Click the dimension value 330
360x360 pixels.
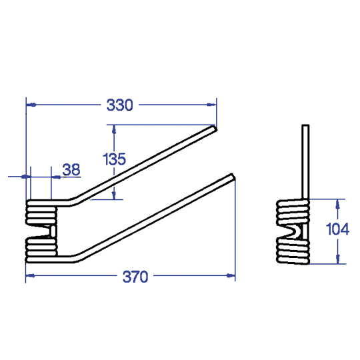[119, 105]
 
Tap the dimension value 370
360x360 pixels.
[135, 277]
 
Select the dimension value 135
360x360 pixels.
[115, 159]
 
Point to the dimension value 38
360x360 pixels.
[71, 170]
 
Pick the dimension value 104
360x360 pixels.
[337, 229]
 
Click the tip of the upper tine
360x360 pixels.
[215, 128]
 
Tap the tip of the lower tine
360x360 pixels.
[233, 177]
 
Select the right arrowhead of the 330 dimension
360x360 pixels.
[211, 105]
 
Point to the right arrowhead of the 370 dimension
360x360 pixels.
[231, 275]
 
